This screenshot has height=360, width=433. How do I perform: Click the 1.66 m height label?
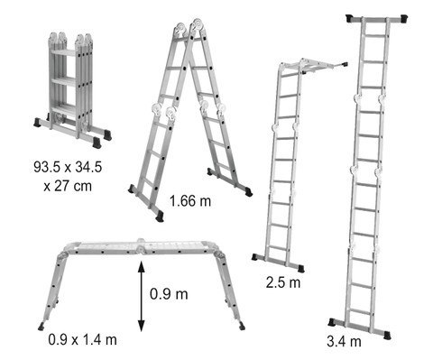[190, 200]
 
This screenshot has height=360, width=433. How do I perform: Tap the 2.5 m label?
[283, 282]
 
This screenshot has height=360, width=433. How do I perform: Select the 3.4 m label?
[344, 341]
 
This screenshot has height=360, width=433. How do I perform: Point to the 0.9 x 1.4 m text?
[83, 340]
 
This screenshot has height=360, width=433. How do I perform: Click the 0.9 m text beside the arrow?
[169, 293]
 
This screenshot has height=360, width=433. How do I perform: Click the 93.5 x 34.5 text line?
[68, 167]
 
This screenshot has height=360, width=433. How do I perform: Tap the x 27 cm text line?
[68, 186]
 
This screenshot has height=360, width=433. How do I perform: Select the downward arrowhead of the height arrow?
[142, 326]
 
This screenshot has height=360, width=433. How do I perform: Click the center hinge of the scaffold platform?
[140, 246]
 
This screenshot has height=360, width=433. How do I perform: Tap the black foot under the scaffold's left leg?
[41, 327]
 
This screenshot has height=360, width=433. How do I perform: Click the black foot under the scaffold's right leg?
[242, 326]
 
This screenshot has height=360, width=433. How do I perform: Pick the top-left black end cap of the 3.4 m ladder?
[350, 18]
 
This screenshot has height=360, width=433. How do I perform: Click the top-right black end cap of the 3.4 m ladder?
[403, 19]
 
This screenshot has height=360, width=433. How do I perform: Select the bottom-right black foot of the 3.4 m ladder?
[387, 335]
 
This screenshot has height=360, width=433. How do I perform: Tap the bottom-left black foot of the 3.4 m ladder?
[332, 322]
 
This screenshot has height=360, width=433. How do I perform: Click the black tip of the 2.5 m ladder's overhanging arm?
[345, 64]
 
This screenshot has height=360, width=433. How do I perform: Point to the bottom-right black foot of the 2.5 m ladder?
[300, 268]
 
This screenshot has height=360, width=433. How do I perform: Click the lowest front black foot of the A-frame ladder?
[160, 217]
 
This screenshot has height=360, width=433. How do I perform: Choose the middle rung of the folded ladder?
[64, 81]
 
